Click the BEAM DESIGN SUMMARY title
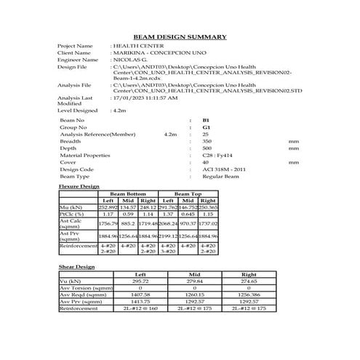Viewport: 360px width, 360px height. pos(180,36)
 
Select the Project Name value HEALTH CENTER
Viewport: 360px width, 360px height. pos(135,47)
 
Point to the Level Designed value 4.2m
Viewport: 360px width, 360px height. pos(119,111)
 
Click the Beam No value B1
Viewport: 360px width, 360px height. pos(206,120)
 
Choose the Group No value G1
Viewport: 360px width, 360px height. pos(206,127)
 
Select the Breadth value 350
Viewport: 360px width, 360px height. pos(207,141)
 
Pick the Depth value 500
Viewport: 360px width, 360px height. pos(207,148)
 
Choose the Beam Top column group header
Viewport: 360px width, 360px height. pos(188,194)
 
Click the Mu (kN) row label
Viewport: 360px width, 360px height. pos(71,207)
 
